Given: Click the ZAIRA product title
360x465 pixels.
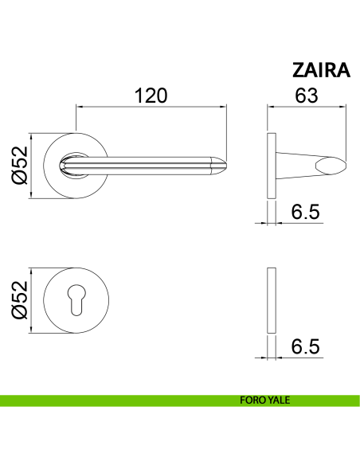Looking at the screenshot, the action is click(x=321, y=70).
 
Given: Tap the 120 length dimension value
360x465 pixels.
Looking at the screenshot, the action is click(x=151, y=96).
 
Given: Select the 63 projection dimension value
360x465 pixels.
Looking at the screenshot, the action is click(x=307, y=96).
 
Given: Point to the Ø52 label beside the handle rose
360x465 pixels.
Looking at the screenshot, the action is click(x=20, y=166).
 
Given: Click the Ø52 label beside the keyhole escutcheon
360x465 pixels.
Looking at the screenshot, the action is click(x=20, y=300).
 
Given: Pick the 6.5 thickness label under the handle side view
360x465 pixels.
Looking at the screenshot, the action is click(x=305, y=212).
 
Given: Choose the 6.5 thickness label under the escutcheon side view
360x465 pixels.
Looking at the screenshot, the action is click(x=305, y=346).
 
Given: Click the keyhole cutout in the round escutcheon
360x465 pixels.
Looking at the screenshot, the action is click(x=76, y=300).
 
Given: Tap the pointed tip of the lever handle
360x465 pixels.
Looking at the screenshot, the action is click(x=227, y=166).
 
